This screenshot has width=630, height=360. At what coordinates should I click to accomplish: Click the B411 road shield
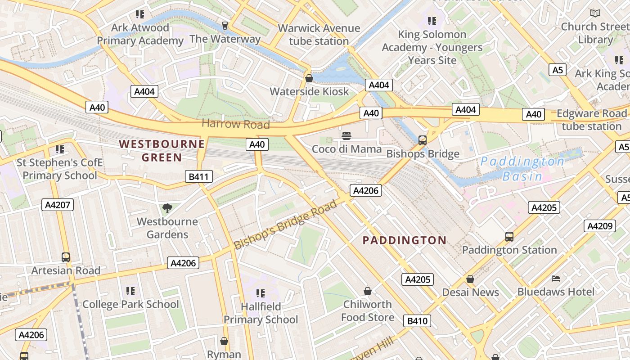[x=198, y=176]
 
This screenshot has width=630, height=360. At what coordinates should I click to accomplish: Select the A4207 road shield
[x=58, y=205]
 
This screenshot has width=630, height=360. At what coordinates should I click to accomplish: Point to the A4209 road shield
[x=599, y=226]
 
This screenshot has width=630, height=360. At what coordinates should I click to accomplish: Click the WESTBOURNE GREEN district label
[x=162, y=151]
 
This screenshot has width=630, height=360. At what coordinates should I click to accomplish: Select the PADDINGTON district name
[x=405, y=240]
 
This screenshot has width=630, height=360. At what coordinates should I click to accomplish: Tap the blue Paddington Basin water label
[x=522, y=168]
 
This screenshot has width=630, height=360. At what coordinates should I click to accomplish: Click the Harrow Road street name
[x=235, y=124]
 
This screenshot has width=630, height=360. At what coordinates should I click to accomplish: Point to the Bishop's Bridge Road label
[x=285, y=225]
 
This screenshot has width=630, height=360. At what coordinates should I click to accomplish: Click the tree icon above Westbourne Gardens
[x=167, y=208]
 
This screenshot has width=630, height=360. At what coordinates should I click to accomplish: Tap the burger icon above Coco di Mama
[x=346, y=136]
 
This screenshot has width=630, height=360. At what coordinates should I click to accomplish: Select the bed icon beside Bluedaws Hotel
[x=556, y=279]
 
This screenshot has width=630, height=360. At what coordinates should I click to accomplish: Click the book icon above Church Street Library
[x=595, y=13]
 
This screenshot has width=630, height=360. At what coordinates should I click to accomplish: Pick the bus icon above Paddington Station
[x=509, y=236]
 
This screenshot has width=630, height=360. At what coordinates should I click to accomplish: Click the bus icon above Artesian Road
[x=66, y=257]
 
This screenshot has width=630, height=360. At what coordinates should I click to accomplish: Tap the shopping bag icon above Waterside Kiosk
[x=309, y=78]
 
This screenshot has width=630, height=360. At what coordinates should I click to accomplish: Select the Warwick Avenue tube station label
[x=319, y=35]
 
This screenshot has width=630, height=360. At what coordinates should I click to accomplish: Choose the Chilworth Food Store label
[x=368, y=310]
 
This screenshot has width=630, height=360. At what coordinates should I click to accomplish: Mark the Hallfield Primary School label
[x=261, y=313]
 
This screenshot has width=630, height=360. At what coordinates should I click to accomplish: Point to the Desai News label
[x=470, y=292]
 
